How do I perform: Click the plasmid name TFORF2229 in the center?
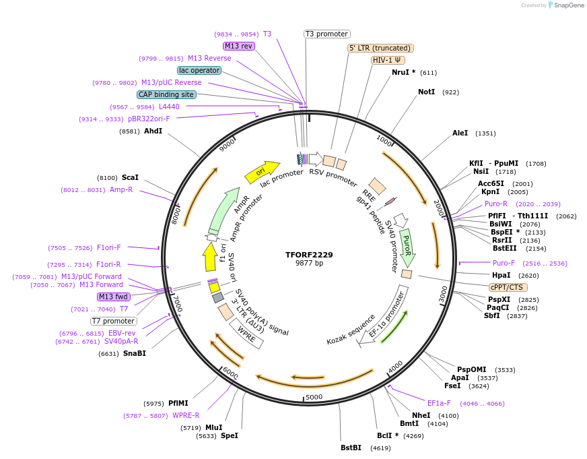coord(309,255)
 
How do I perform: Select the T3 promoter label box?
coord(327,34)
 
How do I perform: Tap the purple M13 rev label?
coord(239,46)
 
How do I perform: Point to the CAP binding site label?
coord(166,94)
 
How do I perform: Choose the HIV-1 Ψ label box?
coord(388,60)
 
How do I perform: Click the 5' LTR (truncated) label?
coord(380,48)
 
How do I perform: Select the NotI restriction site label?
coord(426,92)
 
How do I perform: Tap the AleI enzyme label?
coord(460,133)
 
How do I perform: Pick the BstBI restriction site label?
coord(351,448)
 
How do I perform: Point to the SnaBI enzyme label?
coord(134,353)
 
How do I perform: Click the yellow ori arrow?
coord(262,172)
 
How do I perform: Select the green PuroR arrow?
coord(407,247)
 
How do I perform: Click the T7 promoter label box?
coord(114,321)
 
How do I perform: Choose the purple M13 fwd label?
coord(113,297)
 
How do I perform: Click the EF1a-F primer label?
coord(439,403)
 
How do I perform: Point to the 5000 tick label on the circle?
coord(315,397)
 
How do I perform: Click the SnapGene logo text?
coord(567,5)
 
